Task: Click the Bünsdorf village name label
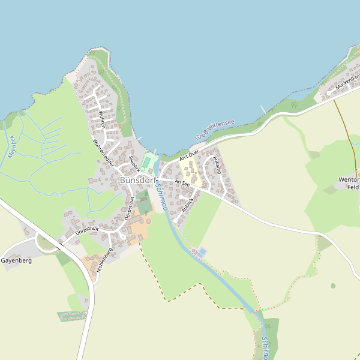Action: pos(137,179)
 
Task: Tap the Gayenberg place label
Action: pos(16,261)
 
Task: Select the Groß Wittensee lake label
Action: pos(215,131)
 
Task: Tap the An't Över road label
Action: pos(189,156)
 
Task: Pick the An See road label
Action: pos(182,182)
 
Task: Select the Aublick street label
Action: pos(188,205)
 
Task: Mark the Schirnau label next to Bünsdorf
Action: pos(160,196)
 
